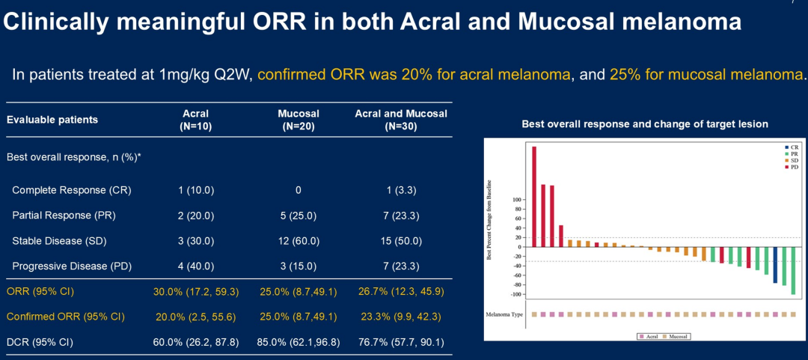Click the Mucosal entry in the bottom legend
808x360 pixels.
click(x=676, y=337)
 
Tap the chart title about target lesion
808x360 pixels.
click(x=644, y=123)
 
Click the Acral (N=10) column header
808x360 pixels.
click(x=196, y=120)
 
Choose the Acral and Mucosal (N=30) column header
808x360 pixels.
click(x=401, y=120)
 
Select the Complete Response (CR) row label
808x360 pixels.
click(x=72, y=190)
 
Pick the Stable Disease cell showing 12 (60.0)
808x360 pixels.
click(x=299, y=241)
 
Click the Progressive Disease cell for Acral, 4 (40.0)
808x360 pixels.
click(x=196, y=266)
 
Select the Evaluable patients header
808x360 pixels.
click(x=52, y=120)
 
